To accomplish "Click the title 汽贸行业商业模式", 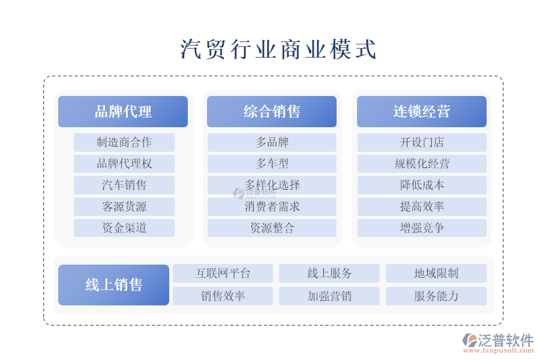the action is click(278, 49).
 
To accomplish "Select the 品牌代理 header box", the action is click(123, 112).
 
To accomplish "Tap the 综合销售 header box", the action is click(272, 112).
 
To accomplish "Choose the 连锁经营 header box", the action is click(422, 112).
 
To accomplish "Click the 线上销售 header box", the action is click(113, 285).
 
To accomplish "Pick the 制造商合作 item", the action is click(124, 142).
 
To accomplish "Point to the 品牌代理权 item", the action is click(124, 164).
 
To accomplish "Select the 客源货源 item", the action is click(124, 206).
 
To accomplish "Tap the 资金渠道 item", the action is click(124, 228).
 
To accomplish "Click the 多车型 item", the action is click(272, 164).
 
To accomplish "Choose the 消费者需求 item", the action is click(272, 206).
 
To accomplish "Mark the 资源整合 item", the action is click(272, 228).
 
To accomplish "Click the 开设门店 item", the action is click(422, 142).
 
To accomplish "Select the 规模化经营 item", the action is click(422, 164).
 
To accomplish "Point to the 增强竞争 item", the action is click(422, 228).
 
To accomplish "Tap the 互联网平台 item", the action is click(223, 273).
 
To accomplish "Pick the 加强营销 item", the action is click(329, 296).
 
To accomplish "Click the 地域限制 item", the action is click(436, 273).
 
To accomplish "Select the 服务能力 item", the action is click(436, 296).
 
